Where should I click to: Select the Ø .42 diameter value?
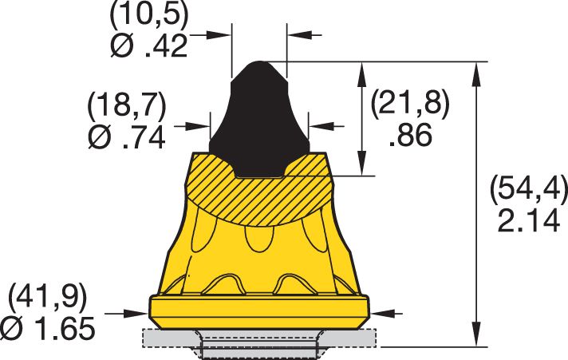(x=148, y=46)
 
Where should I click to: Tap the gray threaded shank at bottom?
(x=259, y=346)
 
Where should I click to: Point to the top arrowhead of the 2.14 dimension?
(x=478, y=69)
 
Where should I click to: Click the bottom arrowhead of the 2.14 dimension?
(x=478, y=338)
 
